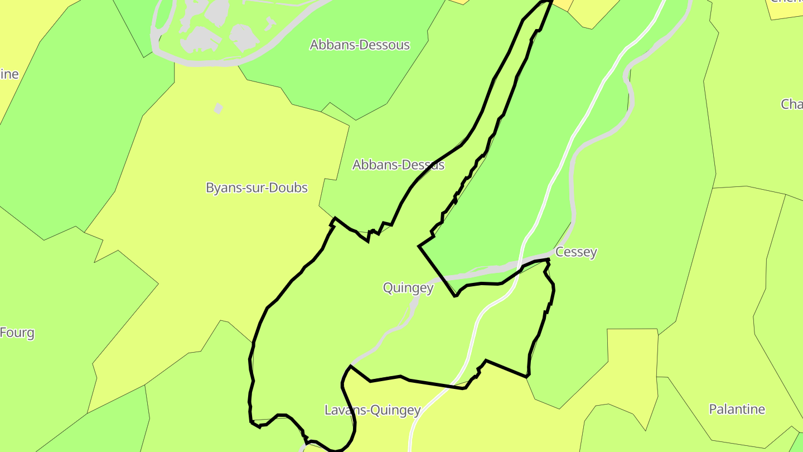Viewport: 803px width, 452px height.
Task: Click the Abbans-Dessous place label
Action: click(x=360, y=45)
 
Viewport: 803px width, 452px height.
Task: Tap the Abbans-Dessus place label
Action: click(x=398, y=165)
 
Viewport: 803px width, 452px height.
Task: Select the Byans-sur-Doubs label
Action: click(x=257, y=187)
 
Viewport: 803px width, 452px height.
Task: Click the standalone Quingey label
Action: click(x=408, y=288)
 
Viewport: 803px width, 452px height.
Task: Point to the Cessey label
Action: click(x=576, y=252)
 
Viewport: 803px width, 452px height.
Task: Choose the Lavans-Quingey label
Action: click(x=373, y=410)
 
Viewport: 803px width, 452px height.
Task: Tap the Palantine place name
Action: click(x=737, y=409)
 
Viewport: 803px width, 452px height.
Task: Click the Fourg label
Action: click(x=17, y=333)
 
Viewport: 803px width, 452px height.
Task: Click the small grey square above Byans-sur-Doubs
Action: click(x=219, y=108)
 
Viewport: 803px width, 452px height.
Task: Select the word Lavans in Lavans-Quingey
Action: click(x=342, y=410)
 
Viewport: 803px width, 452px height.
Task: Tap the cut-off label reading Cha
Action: click(x=792, y=104)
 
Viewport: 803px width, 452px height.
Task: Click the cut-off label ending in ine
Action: click(x=9, y=74)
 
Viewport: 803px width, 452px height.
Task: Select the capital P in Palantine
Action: click(x=713, y=409)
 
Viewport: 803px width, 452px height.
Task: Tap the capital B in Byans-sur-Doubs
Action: click(x=210, y=187)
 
